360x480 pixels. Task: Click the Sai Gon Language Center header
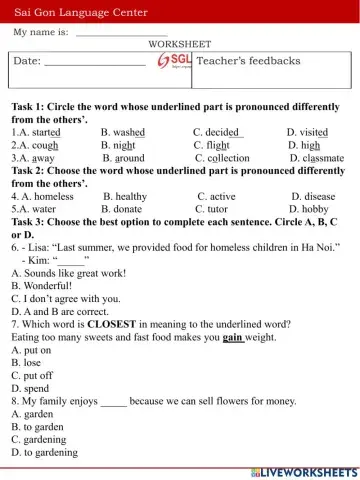80,13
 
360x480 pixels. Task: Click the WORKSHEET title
179,44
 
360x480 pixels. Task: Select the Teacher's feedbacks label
248,61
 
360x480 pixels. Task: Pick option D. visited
307,131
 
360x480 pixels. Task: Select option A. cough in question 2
34,144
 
